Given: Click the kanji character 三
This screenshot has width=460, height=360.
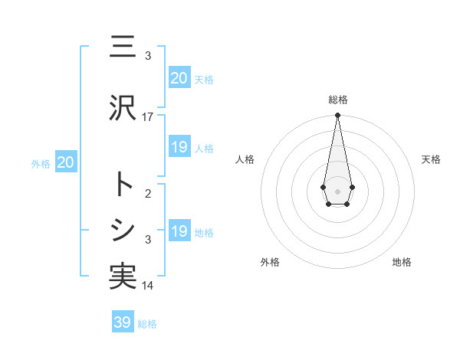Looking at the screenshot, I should pos(123,47).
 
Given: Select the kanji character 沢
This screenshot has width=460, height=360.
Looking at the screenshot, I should pos(123,108).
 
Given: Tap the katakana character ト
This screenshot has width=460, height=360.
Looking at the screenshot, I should pos(123,184).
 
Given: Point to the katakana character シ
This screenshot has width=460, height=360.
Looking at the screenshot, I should pos(123,230).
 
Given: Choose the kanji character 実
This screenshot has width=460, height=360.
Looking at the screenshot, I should pos(123,277).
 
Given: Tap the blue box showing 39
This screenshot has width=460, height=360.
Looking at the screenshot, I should pos(123,322).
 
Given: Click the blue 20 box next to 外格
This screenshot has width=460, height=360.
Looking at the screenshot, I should pos(66,162).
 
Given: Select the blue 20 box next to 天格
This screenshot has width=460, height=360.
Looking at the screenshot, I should pos(179,78).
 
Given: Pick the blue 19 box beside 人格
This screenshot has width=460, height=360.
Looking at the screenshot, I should pos(179,147).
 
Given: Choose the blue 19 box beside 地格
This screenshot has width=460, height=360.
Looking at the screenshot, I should pos(179,231).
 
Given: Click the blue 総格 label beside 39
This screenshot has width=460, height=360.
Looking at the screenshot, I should pos(147,324).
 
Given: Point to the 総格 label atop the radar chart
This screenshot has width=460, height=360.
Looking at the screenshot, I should pos(337,100).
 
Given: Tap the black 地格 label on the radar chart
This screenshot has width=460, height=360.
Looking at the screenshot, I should pos(402,262).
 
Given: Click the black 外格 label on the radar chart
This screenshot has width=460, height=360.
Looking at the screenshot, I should pos(270,262).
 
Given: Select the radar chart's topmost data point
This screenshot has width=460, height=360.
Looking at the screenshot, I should pos(337,116).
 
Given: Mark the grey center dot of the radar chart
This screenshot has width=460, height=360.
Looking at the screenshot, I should pos(337,190).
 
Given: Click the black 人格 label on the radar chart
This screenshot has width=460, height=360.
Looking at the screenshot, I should pos(245,159).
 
